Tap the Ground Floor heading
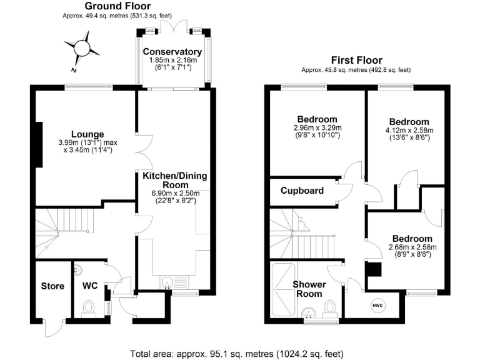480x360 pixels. [x=117, y=6]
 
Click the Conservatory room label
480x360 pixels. [x=172, y=51]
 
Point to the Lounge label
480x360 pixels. [x=87, y=134]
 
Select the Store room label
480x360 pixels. [x=52, y=286]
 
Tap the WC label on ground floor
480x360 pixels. [x=91, y=286]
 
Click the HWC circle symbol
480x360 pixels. [x=377, y=305]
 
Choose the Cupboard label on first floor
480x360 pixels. [x=302, y=190]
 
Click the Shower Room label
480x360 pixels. [x=308, y=289]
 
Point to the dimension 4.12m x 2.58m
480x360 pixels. [x=409, y=130]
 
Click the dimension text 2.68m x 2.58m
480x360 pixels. [x=412, y=247]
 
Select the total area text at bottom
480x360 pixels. [x=240, y=353]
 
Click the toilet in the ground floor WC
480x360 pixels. [x=89, y=307]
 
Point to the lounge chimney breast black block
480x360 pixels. [x=39, y=144]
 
